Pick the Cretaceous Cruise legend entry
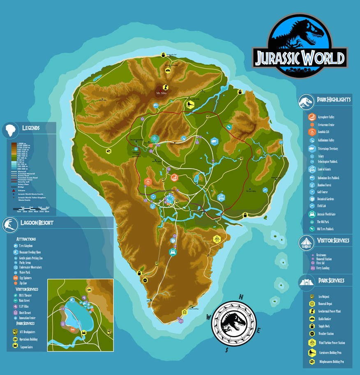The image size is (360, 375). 329,124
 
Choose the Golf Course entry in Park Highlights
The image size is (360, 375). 325,192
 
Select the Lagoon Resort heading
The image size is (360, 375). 37,223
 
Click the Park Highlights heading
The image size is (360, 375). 334,100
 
